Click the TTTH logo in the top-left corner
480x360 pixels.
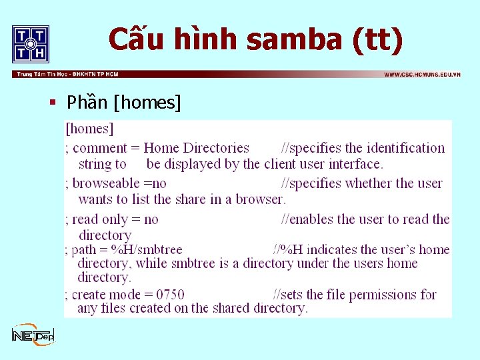31,43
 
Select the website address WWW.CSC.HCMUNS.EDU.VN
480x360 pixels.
422,74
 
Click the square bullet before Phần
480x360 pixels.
51,103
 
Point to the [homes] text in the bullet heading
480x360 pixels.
147,103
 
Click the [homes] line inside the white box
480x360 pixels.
90,128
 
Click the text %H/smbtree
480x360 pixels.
147,250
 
